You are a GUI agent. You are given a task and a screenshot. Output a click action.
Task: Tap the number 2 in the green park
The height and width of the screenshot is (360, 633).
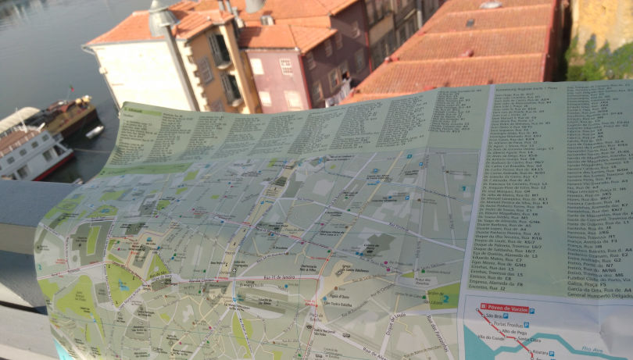pyautogui.click(x=446, y=298)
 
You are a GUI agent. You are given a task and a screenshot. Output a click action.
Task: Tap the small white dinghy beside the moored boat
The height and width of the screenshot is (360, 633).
pyautogui.click(x=95, y=132)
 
